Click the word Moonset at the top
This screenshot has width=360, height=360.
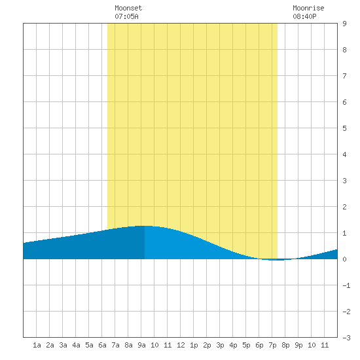click(128, 8)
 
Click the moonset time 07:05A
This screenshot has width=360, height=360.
click(126, 16)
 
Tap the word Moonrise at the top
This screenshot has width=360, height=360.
click(308, 8)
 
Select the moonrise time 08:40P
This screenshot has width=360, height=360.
click(304, 16)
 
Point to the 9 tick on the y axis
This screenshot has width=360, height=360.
click(344, 24)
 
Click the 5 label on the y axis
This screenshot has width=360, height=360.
click(344, 128)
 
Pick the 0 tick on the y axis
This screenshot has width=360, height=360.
click(344, 259)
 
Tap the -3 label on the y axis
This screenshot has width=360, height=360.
click(346, 338)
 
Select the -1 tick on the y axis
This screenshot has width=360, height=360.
click(346, 285)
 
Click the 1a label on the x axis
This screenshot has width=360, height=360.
click(37, 345)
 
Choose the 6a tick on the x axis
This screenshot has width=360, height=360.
click(102, 345)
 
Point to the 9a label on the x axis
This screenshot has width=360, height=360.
click(141, 345)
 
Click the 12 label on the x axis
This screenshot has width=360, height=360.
click(181, 345)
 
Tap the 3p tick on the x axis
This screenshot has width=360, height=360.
click(220, 345)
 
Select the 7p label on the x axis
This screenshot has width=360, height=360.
click(272, 345)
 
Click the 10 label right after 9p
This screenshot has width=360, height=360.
click(312, 345)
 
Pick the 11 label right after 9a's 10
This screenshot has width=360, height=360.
click(168, 345)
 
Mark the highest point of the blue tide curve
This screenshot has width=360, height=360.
click(145, 226)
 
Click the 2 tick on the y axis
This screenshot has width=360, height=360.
click(344, 207)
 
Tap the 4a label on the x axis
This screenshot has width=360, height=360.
click(76, 345)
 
